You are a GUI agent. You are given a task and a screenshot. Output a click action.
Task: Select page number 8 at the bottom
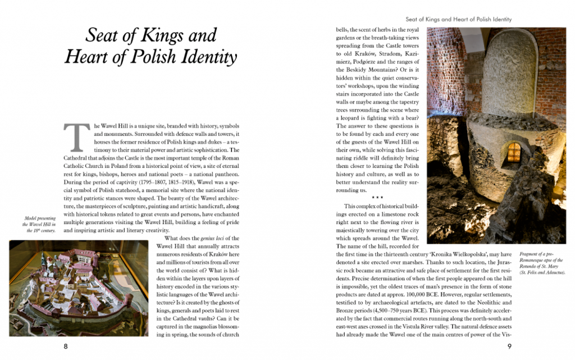tap(66, 346)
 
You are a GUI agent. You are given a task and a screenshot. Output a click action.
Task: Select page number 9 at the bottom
tap(509, 346)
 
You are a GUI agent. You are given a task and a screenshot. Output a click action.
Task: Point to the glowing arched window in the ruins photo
tap(514, 151)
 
